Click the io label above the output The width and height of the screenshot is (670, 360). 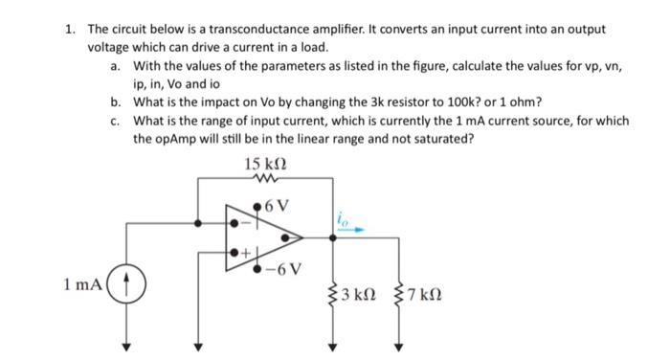click(x=342, y=218)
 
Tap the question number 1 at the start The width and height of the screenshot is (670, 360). click(x=70, y=30)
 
